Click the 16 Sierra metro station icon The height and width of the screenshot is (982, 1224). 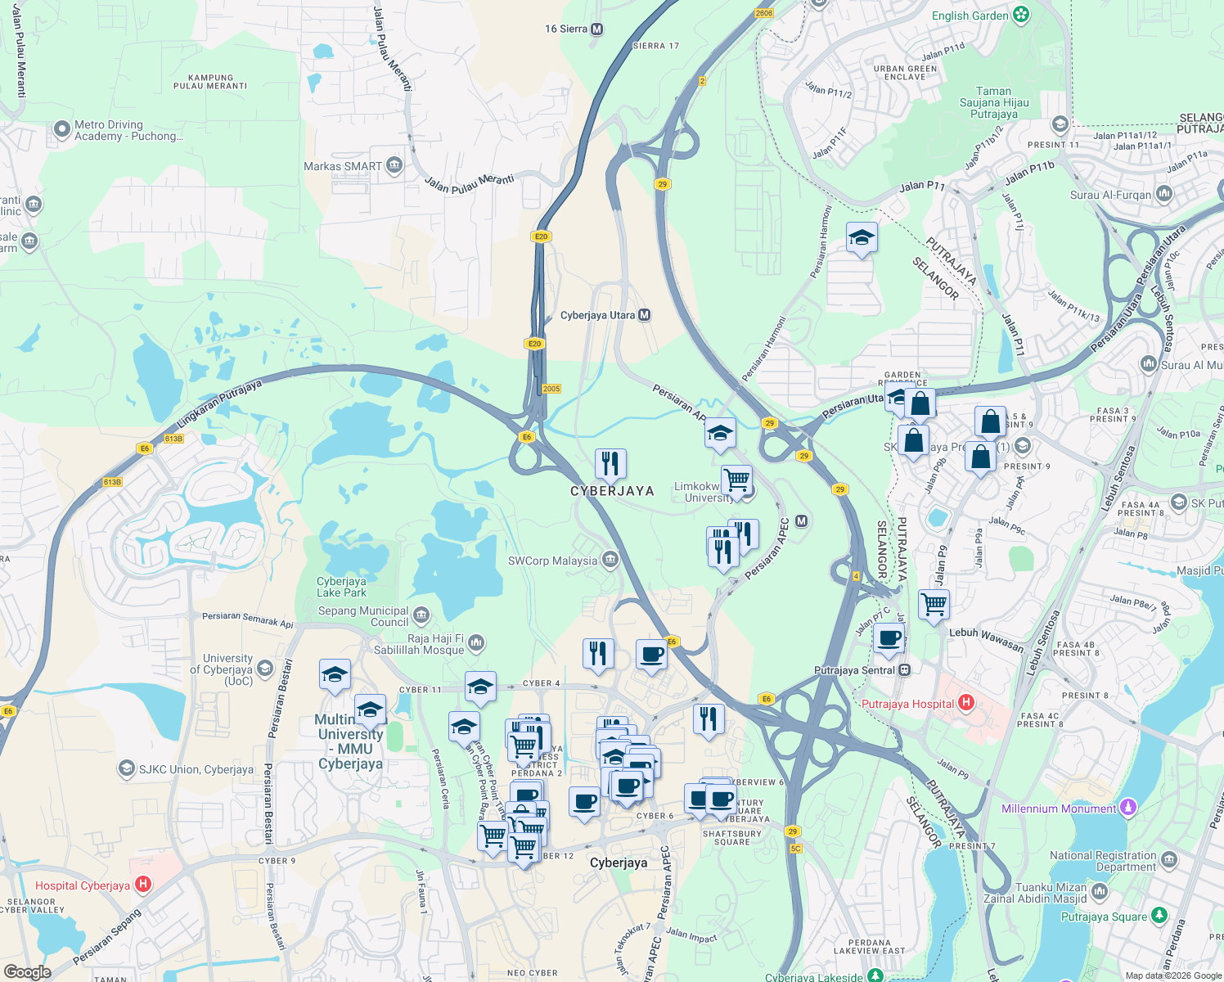597,29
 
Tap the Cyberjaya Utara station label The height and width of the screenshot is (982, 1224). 597,316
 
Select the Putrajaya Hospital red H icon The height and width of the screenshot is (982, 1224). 966,703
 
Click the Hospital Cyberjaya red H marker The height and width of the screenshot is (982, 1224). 143,885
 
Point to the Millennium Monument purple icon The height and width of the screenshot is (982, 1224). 1128,809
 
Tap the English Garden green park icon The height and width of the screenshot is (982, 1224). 1021,15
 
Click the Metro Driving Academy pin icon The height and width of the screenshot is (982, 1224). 62,129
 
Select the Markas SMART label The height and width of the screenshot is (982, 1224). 343,166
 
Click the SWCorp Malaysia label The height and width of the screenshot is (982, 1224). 552,561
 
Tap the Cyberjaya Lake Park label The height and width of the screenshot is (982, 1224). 341,587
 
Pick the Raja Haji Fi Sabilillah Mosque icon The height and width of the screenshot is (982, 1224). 477,643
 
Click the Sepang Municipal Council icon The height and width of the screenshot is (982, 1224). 421,615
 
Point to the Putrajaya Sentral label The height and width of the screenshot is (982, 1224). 854,670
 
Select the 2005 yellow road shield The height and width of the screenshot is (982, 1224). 551,389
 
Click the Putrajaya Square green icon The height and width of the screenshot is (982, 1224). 1159,915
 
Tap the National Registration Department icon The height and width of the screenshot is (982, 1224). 1169,859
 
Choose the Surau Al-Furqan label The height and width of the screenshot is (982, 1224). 1110,196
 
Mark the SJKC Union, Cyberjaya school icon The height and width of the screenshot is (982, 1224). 127,768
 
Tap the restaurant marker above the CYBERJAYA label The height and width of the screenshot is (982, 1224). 610,464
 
